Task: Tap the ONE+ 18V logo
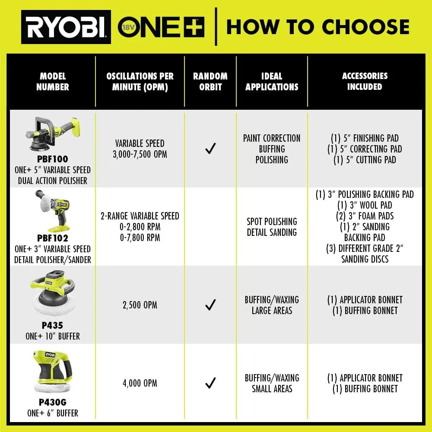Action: pyautogui.click(x=161, y=27)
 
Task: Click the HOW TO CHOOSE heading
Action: pyautogui.click(x=318, y=27)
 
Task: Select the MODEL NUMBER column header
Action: pyautogui.click(x=52, y=81)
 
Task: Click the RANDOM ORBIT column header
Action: pyautogui.click(x=210, y=81)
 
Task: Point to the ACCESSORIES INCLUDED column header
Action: pyautogui.click(x=365, y=81)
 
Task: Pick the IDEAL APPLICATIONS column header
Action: pyautogui.click(x=272, y=81)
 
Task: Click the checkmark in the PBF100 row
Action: pyautogui.click(x=210, y=149)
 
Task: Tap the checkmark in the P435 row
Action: pyautogui.click(x=210, y=305)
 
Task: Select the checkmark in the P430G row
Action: pyautogui.click(x=210, y=383)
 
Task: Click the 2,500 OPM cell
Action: pyautogui.click(x=140, y=305)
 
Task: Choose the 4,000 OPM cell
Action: pyautogui.click(x=140, y=383)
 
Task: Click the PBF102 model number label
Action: pyautogui.click(x=53, y=238)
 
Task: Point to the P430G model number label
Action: pyautogui.click(x=53, y=402)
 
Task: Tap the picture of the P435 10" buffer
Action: pyautogui.click(x=53, y=294)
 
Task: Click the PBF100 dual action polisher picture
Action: pyautogui.click(x=53, y=134)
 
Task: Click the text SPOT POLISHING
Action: pyautogui.click(x=272, y=222)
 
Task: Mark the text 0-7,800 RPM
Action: pyautogui.click(x=140, y=238)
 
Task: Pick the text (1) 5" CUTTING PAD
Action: pyautogui.click(x=365, y=159)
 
